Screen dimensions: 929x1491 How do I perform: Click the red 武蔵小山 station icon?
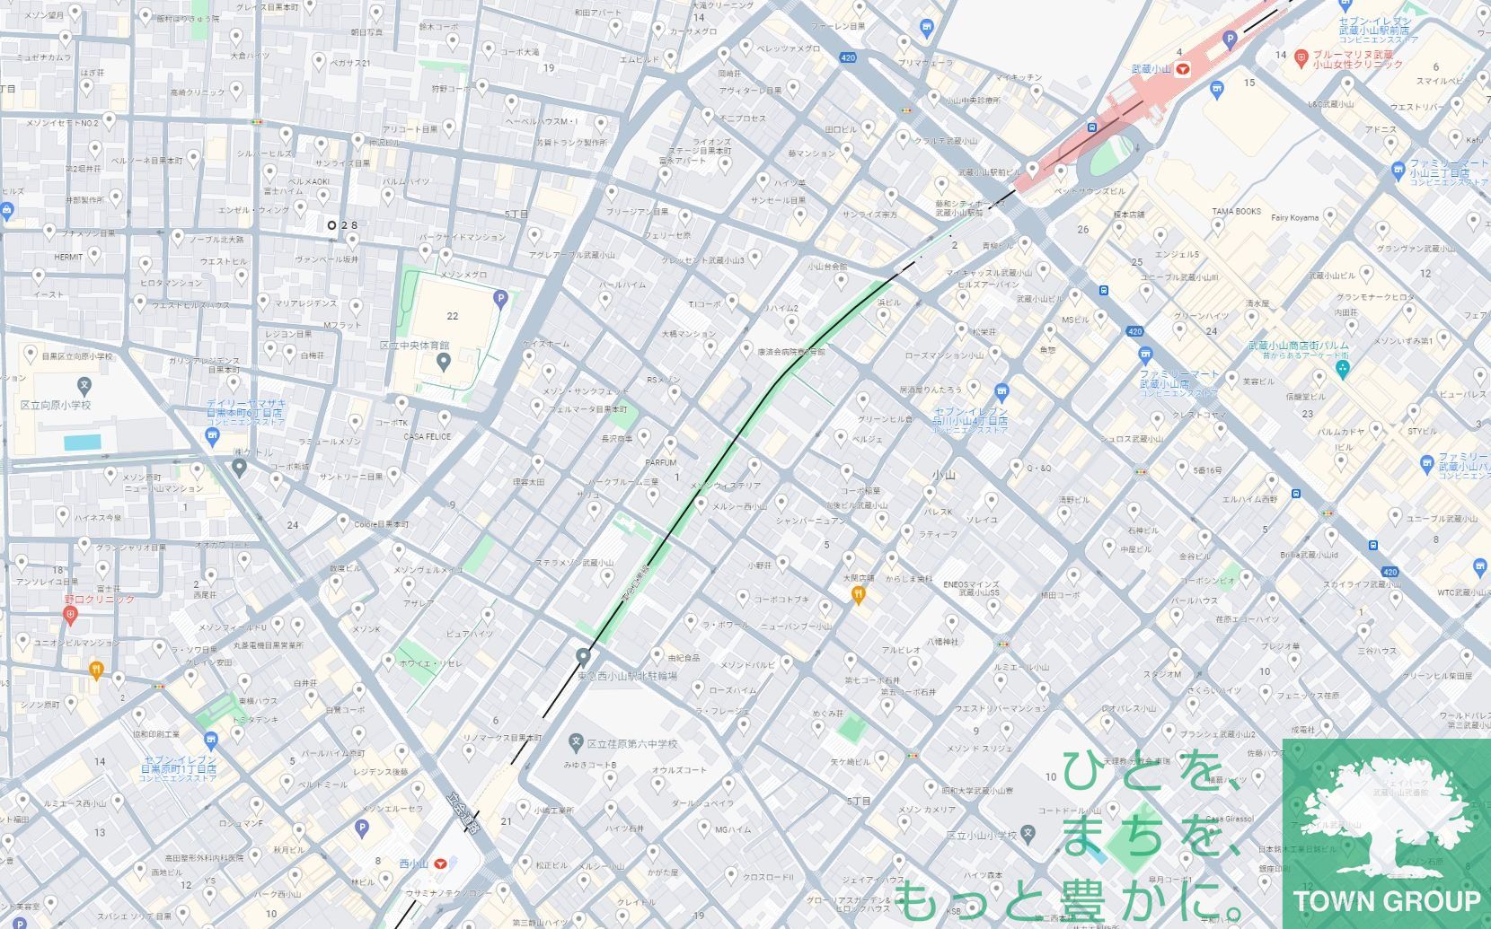tap(1184, 68)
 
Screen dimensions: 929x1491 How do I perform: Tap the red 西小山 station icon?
tap(439, 863)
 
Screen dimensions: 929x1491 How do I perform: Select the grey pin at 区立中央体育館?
tap(443, 362)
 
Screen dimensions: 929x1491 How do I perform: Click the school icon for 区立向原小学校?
tap(84, 386)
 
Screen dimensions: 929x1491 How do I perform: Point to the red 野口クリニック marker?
tap(71, 615)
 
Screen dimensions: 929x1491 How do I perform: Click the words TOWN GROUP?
tap(1386, 900)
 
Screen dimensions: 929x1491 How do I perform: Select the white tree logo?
tap(1384, 818)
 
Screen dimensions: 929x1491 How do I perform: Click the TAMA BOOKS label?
tap(1236, 212)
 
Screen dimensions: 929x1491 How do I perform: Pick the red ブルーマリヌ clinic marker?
tap(1301, 58)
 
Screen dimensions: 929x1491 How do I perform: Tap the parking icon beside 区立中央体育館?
tap(500, 299)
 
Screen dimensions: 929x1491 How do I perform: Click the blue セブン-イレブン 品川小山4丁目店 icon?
tap(1002, 391)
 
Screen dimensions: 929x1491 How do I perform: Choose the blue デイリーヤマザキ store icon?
tap(213, 436)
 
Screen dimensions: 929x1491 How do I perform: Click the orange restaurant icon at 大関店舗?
tap(859, 593)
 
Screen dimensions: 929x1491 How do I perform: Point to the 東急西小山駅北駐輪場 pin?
tap(584, 656)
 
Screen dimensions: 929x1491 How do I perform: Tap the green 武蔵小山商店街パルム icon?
tap(1343, 369)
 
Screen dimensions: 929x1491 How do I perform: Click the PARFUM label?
tap(660, 463)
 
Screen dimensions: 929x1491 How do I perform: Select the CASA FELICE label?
tap(427, 437)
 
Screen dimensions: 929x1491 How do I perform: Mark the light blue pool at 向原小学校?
tap(83, 442)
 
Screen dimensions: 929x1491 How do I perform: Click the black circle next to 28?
tap(332, 225)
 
